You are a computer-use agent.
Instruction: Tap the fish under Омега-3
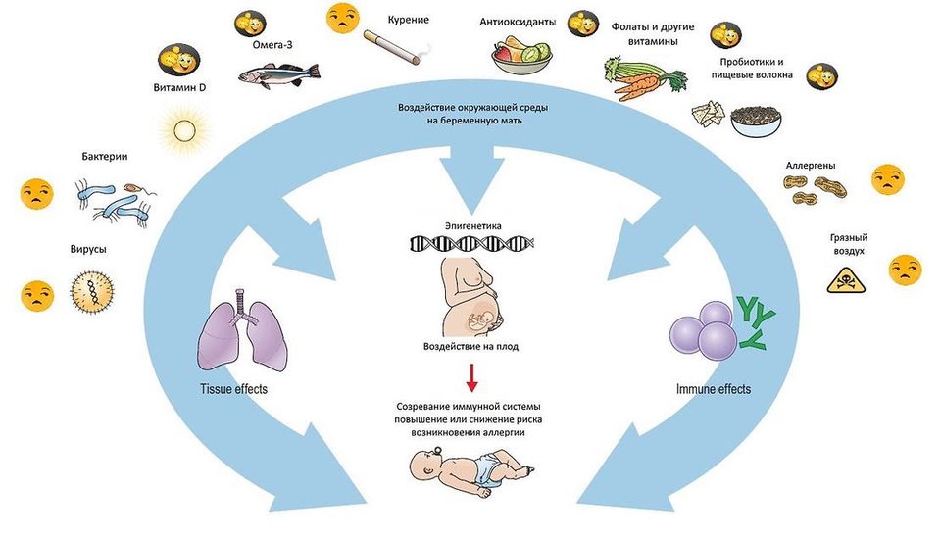pyautogui.click(x=279, y=75)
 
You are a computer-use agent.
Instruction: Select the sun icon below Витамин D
pyautogui.click(x=184, y=129)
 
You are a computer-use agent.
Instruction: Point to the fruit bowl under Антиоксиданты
pyautogui.click(x=520, y=54)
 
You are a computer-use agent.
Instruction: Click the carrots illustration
pyautogui.click(x=644, y=78)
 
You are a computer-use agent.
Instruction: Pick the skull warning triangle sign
pyautogui.click(x=846, y=280)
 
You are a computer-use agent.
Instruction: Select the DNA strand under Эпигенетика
pyautogui.click(x=471, y=243)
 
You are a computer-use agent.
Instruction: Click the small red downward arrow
pyautogui.click(x=472, y=377)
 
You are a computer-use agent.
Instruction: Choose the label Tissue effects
pyautogui.click(x=233, y=389)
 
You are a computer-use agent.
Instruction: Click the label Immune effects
pyautogui.click(x=713, y=389)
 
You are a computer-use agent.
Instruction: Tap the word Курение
pyautogui.click(x=408, y=20)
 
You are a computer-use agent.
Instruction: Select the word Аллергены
pyautogui.click(x=811, y=165)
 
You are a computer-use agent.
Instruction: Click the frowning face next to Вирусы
pyautogui.click(x=37, y=296)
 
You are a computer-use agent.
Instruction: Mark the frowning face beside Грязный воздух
pyautogui.click(x=905, y=269)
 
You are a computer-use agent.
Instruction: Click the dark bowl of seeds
pyautogui.click(x=756, y=122)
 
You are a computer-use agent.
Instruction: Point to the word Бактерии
pyautogui.click(x=105, y=157)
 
